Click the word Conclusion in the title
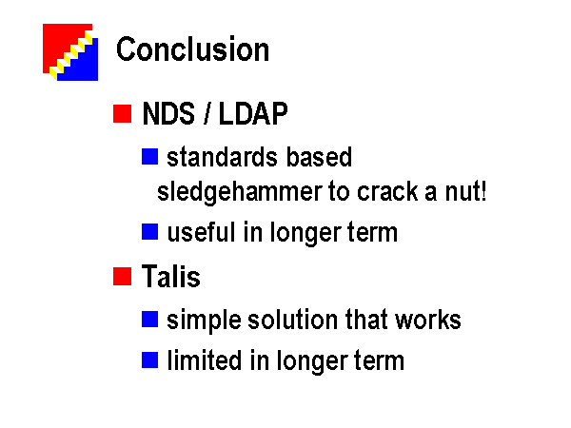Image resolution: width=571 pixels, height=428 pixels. click(192, 49)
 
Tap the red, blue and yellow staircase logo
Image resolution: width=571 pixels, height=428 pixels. click(70, 52)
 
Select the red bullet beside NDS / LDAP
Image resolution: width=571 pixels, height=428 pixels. click(123, 113)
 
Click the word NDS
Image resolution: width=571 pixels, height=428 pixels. click(168, 113)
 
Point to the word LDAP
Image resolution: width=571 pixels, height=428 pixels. click(253, 113)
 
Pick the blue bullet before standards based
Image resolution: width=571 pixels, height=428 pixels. click(149, 157)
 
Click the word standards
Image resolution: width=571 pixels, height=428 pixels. click(222, 157)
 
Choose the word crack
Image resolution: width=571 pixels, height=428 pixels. click(387, 192)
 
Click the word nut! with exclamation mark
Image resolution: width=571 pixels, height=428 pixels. click(465, 192)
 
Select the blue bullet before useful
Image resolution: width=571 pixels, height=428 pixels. click(149, 232)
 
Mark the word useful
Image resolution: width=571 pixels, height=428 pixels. click(201, 232)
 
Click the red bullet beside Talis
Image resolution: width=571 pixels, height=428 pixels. click(123, 276)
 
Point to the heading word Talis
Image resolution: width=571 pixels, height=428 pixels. click(171, 276)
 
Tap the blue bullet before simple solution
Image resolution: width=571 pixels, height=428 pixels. click(149, 320)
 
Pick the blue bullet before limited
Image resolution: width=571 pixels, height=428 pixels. click(149, 360)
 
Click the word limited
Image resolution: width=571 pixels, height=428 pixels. click(205, 360)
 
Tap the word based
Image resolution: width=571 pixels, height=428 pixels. click(319, 157)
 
